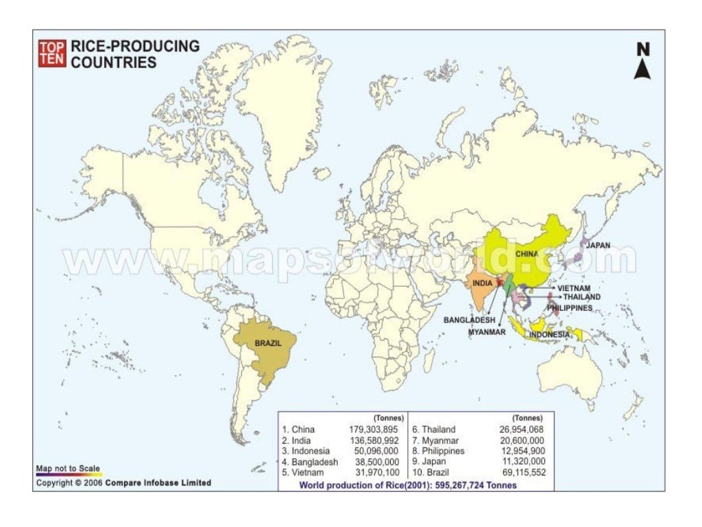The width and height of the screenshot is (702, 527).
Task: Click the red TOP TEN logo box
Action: tap(52, 54)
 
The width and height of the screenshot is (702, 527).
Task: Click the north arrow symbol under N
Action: tap(642, 69)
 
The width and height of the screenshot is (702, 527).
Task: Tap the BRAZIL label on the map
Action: tap(268, 342)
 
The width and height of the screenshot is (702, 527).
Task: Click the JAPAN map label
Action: tap(598, 245)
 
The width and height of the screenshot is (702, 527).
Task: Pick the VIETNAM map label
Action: tap(574, 288)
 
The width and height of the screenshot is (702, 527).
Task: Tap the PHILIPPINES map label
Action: tap(570, 308)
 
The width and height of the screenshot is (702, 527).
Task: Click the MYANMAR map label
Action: tap(487, 332)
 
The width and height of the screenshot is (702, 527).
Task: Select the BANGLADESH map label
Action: tap(469, 320)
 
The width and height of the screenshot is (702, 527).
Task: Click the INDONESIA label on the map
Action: tap(548, 334)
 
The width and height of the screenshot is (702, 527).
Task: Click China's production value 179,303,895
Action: tap(374, 430)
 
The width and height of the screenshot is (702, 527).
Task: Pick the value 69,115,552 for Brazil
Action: tap(520, 473)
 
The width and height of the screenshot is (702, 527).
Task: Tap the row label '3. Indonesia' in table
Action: tap(306, 452)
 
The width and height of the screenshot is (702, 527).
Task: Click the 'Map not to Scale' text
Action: tap(68, 469)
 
